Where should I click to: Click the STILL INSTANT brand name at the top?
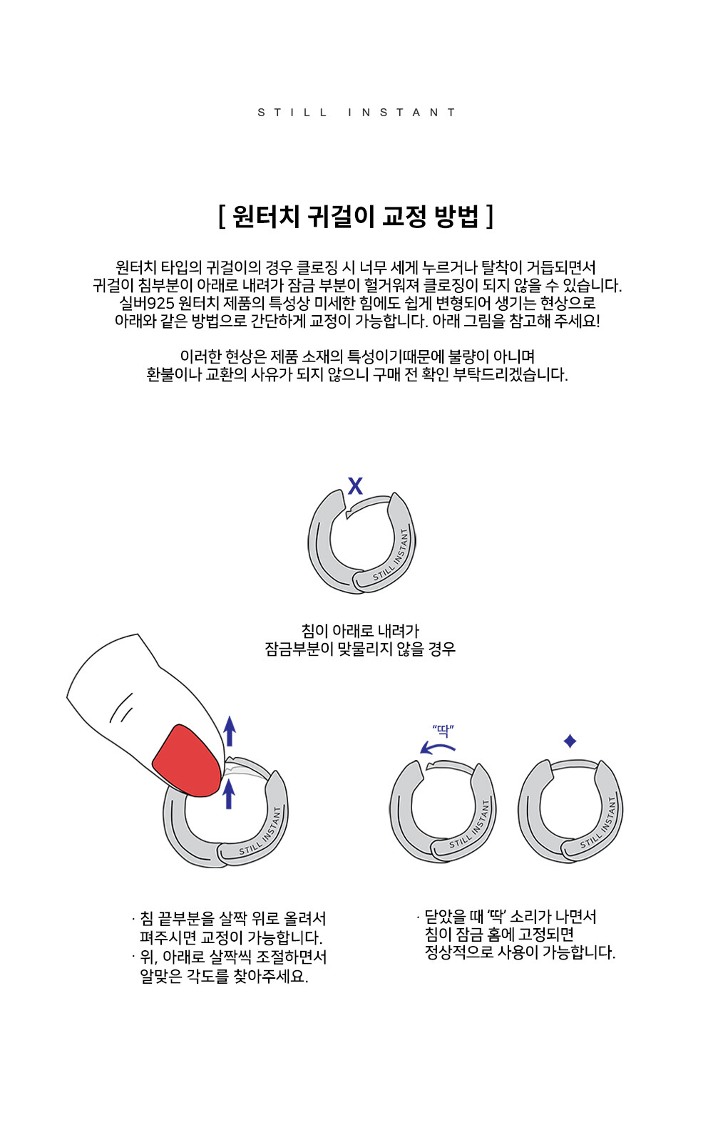click(x=356, y=112)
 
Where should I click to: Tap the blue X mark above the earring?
click(x=356, y=486)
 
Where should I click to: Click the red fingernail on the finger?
click(x=188, y=760)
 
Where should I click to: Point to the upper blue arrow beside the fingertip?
click(x=230, y=731)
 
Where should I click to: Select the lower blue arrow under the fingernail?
click(x=229, y=794)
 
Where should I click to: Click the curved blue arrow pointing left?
click(x=438, y=748)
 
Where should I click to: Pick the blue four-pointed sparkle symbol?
click(x=570, y=741)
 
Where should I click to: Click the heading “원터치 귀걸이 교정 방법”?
click(x=356, y=217)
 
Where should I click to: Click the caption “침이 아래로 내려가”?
click(x=360, y=631)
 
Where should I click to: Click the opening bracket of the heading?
click(x=222, y=217)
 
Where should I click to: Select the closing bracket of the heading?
click(x=490, y=217)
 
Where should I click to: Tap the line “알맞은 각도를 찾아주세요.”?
click(x=224, y=977)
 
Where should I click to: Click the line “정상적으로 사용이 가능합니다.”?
click(x=520, y=952)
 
